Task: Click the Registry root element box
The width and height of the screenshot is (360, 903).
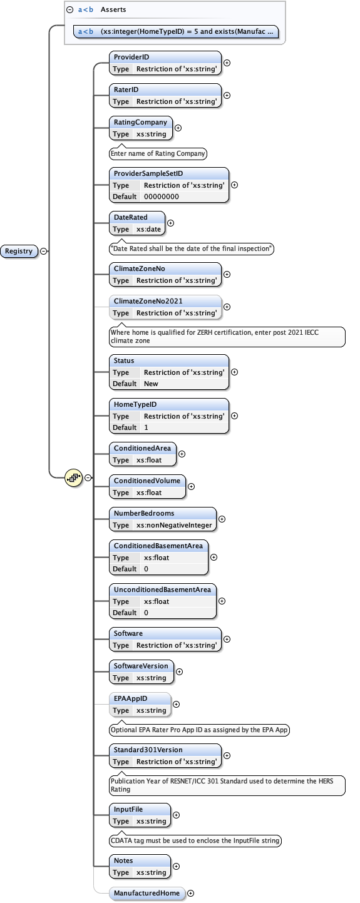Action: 19,251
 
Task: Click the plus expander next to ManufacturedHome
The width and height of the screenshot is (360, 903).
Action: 191,893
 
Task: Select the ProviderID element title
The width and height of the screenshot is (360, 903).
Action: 131,57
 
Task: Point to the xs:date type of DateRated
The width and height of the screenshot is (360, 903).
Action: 148,229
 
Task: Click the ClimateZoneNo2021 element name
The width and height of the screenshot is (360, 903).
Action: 148,301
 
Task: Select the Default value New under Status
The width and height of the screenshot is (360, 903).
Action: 151,384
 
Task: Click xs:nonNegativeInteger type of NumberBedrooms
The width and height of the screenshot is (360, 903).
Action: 174,525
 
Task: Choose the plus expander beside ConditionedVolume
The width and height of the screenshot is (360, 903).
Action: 191,486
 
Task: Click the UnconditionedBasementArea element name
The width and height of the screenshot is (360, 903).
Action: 163,589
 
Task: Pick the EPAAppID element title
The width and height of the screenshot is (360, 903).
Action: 131,698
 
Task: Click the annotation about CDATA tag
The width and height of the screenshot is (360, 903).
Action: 195,840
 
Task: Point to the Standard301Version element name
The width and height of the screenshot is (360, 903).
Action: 148,750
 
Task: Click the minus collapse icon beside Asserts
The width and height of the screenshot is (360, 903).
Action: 70,10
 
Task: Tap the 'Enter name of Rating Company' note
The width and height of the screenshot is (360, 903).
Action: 158,153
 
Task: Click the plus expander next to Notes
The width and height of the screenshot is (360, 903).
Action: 176,866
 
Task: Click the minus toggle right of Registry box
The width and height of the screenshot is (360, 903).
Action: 43,251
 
